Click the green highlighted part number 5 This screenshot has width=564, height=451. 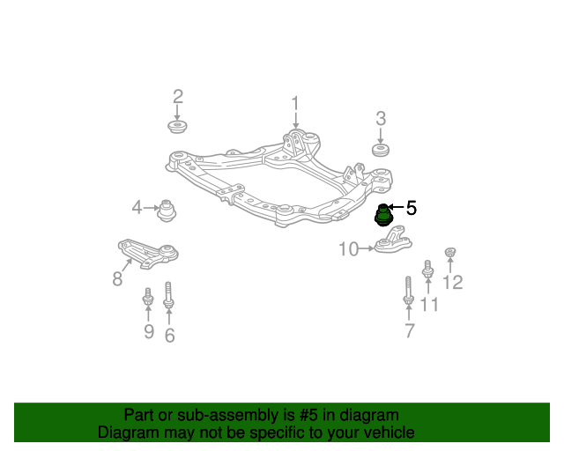tap(383, 216)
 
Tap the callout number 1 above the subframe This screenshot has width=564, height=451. tap(295, 103)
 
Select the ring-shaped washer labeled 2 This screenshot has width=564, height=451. tap(177, 127)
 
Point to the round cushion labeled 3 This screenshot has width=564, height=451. tap(380, 150)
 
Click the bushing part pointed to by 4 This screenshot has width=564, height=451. tap(167, 211)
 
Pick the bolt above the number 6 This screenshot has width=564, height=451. tap(168, 295)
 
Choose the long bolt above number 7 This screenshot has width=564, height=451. tap(408, 290)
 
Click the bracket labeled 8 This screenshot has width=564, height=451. tap(148, 254)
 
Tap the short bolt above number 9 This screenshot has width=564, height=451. tap(148, 296)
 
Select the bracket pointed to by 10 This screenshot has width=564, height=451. tap(393, 240)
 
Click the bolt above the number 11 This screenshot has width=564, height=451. tap(427, 269)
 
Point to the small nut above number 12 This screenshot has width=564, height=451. tap(449, 252)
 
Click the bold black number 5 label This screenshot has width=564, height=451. tap(412, 208)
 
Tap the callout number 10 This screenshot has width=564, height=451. tap(349, 249)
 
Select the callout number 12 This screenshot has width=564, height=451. tap(452, 283)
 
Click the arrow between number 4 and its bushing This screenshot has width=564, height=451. tap(151, 208)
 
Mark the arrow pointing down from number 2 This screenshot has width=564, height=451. tap(176, 113)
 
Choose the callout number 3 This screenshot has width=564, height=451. tap(381, 119)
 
